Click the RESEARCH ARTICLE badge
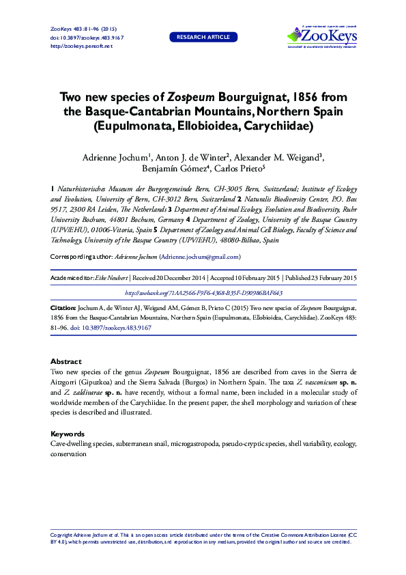203,37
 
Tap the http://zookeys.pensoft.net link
82,46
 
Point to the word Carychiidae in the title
274,126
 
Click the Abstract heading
66,361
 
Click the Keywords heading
68,434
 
